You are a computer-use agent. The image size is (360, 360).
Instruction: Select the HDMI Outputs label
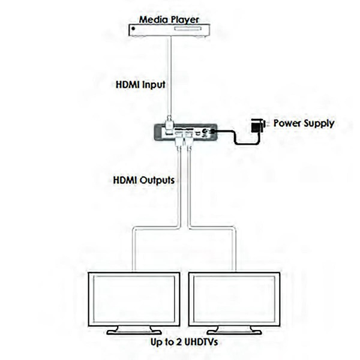coord(144,179)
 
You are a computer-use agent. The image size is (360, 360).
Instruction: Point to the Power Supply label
coord(304,124)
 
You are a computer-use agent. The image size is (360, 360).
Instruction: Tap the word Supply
coord(318,124)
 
